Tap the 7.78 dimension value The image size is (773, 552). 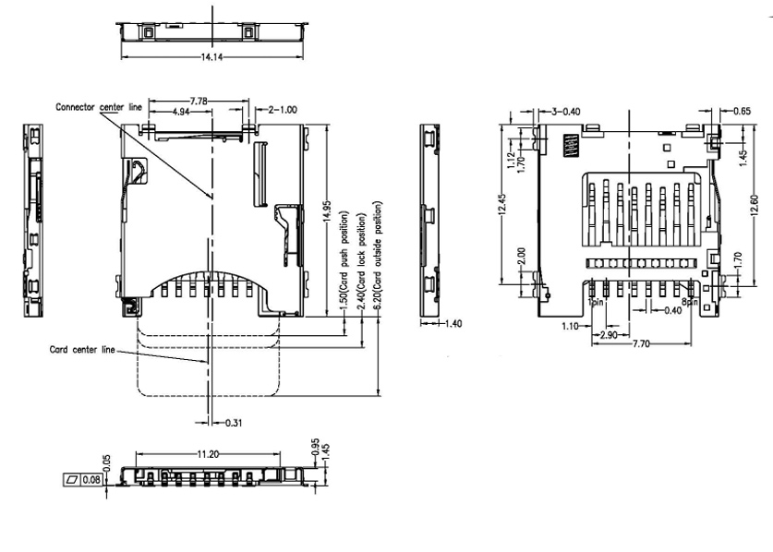199,99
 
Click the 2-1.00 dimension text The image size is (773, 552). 283,109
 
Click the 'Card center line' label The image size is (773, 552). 82,350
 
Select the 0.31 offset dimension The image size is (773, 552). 235,423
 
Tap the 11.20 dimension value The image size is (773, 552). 207,455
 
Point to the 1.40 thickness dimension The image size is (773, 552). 453,324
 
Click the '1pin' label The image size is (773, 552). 597,302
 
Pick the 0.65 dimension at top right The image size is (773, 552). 742,111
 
